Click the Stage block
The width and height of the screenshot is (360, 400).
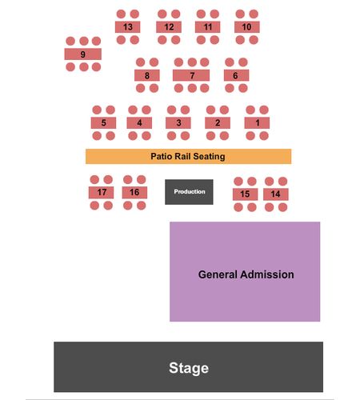click(188, 366)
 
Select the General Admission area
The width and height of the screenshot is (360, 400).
click(245, 271)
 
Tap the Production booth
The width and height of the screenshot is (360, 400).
click(189, 192)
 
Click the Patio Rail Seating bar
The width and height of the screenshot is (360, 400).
click(188, 156)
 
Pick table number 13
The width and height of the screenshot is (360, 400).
click(128, 27)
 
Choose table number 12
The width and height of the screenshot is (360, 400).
click(169, 27)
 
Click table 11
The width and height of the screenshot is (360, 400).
click(208, 27)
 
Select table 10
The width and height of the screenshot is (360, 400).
click(247, 27)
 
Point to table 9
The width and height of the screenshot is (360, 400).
click(83, 54)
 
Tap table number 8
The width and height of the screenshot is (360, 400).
click(147, 75)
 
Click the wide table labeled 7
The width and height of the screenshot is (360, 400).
click(191, 75)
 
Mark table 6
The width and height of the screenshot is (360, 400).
click(236, 75)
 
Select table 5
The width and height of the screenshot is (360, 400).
click(103, 123)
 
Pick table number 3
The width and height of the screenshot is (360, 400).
click(178, 123)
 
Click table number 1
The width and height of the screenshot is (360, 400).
click(257, 123)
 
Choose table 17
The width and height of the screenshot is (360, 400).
click(101, 193)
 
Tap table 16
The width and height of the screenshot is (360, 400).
click(134, 193)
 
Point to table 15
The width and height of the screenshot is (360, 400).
click(246, 194)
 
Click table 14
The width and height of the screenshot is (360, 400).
click(276, 194)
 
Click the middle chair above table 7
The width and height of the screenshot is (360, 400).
click(192, 62)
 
